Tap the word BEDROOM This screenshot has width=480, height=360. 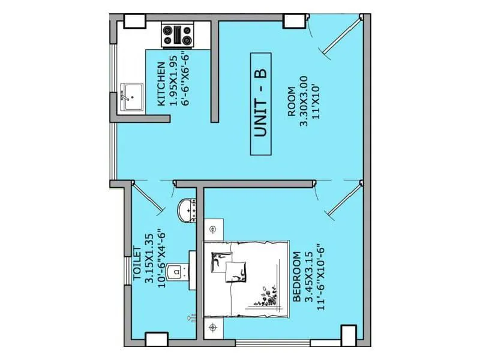[x=296, y=277]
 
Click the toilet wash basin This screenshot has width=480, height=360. [x=189, y=211]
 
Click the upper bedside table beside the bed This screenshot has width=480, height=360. [x=214, y=230]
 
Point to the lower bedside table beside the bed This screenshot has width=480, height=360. [x=214, y=328]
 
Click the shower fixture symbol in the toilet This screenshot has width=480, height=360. [x=191, y=318]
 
